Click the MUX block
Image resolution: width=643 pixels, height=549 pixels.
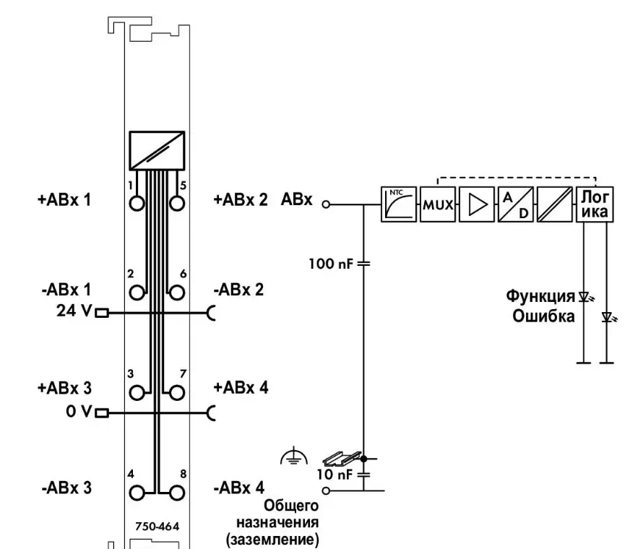tap(437, 204)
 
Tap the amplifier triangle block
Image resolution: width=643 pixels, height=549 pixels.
tap(476, 204)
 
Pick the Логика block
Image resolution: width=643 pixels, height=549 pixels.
tap(595, 204)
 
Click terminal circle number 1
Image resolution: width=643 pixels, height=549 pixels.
tap(137, 202)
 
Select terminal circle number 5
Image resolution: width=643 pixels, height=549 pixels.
tap(175, 202)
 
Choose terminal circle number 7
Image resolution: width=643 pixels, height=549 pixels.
tap(175, 392)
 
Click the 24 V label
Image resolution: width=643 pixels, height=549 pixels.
tap(73, 314)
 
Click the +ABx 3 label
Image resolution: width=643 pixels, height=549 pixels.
tap(64, 386)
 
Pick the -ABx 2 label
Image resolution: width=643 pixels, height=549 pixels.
tap(239, 290)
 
